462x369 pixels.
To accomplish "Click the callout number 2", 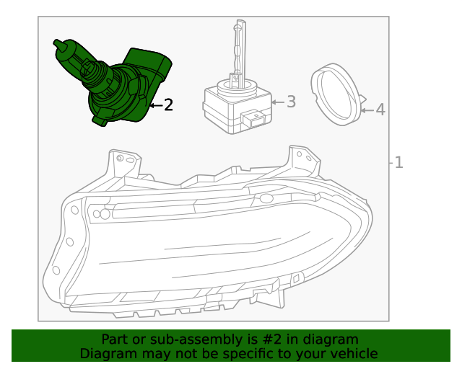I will (169, 105).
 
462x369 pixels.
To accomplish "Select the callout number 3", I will (291, 102).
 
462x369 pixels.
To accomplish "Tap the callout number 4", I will (380, 110).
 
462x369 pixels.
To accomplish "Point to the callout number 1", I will (398, 162).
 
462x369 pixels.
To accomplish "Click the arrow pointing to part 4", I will (366, 110).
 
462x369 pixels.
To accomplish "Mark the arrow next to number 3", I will (278, 102).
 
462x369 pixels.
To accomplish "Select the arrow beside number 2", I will (155, 105).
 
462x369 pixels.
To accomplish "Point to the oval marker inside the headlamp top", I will (266, 198).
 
